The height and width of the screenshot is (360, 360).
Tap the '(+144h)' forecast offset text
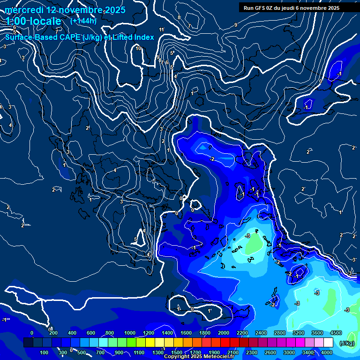tap(83, 21)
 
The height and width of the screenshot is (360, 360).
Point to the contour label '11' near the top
tap(162, 30)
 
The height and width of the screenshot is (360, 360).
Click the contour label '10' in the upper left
tap(138, 48)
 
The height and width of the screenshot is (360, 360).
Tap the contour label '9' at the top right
tap(235, 25)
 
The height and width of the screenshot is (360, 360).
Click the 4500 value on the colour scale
tap(336, 333)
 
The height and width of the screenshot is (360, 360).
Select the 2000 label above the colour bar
tap(224, 333)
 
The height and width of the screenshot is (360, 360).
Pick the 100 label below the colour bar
tap(45, 352)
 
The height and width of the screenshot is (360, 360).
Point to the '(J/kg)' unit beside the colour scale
tap(346, 343)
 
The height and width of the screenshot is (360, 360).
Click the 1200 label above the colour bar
tap(149, 333)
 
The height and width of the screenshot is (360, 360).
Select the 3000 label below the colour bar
tap(289, 352)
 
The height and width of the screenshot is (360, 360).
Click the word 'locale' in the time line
tap(45, 21)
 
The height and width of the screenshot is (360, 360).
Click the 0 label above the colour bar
tap(32, 333)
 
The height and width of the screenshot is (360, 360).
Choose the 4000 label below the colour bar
tap(327, 352)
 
